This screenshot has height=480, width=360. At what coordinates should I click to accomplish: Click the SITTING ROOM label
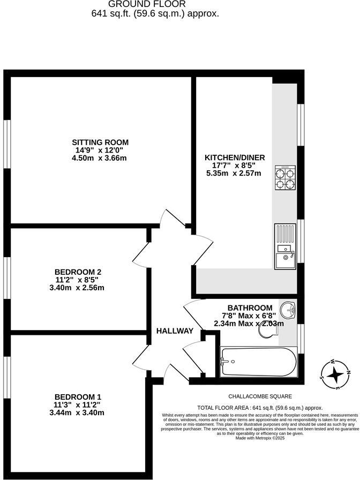tap(100, 142)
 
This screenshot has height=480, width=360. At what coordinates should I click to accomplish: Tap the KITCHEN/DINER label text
tap(235, 157)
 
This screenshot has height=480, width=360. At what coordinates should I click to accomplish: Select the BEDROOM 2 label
tap(78, 272)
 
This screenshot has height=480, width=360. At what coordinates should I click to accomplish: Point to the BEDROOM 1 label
tap(77, 396)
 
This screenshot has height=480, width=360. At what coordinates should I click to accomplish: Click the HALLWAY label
tap(175, 331)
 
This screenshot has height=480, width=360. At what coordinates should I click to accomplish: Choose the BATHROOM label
tap(250, 307)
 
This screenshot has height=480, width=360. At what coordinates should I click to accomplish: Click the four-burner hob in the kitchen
tap(285, 178)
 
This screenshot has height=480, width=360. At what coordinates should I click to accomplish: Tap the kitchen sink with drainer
tap(285, 246)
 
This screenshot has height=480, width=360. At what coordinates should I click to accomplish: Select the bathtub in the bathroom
tap(258, 362)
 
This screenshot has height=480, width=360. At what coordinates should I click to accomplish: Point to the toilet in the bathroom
tap(266, 331)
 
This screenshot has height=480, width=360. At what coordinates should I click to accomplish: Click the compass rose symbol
tap(335, 373)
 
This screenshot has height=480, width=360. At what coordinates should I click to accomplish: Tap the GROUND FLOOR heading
tap(155, 4)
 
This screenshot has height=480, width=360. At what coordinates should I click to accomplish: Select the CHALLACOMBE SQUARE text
tap(260, 396)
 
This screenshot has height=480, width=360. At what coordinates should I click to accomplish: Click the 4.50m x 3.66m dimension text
tap(100, 158)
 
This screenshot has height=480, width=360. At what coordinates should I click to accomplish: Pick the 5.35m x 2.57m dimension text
tap(234, 173)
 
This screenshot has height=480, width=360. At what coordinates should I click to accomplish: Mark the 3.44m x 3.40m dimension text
tap(77, 412)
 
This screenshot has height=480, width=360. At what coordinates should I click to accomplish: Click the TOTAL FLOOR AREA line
tap(260, 407)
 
